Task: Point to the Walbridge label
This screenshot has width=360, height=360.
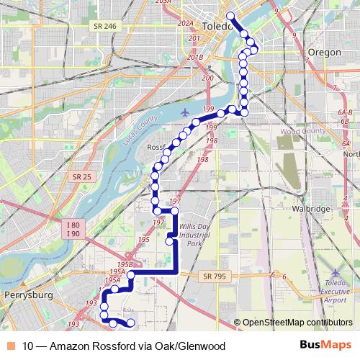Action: [x=311, y=208]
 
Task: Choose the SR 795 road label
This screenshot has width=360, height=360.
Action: [x=215, y=275]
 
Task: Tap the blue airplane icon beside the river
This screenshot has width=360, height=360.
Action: [x=187, y=112]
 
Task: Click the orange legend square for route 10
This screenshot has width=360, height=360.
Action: [x=10, y=346]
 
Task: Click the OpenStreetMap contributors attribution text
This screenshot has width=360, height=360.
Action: [x=297, y=322]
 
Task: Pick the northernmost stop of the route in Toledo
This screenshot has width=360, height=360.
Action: [x=230, y=16]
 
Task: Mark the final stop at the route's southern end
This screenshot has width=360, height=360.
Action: [x=131, y=323]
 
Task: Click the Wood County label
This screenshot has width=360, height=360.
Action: [x=302, y=132]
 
